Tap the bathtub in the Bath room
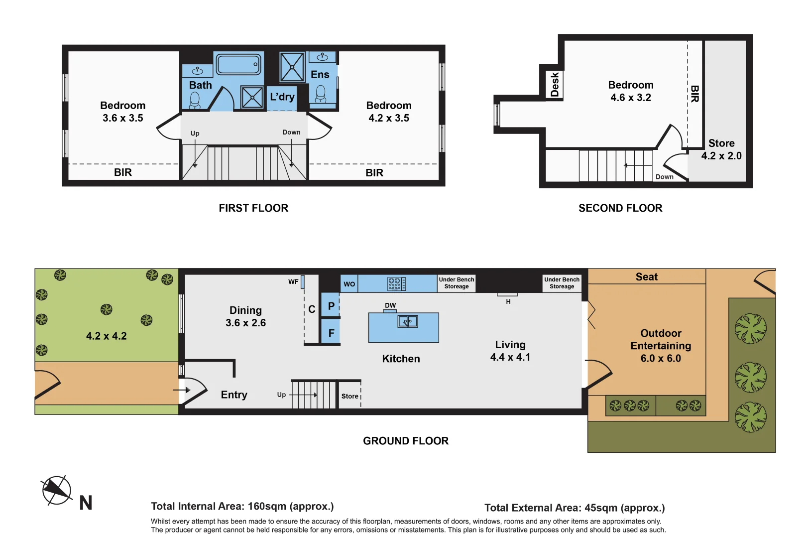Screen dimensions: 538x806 click(238, 64)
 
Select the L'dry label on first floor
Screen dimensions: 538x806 click(282, 97)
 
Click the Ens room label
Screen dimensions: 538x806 click(320, 75)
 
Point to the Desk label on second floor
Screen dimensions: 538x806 click(555, 85)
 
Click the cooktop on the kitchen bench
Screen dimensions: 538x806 click(397, 284)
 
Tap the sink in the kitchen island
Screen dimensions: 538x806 click(408, 322)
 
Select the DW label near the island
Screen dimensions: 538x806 click(390, 305)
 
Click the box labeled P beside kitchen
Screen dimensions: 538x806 click(331, 306)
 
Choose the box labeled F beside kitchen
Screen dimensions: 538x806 click(331, 333)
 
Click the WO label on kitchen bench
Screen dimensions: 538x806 click(349, 284)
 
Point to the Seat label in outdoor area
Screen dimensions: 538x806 click(646, 277)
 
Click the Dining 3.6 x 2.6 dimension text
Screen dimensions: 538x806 click(245, 323)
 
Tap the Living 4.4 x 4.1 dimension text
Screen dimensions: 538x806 click(510, 357)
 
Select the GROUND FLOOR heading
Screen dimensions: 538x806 click(406, 441)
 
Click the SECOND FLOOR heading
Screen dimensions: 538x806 click(620, 208)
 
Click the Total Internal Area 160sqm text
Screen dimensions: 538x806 click(242, 506)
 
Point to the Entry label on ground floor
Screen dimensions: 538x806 click(234, 395)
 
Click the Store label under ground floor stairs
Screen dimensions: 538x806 click(349, 396)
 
